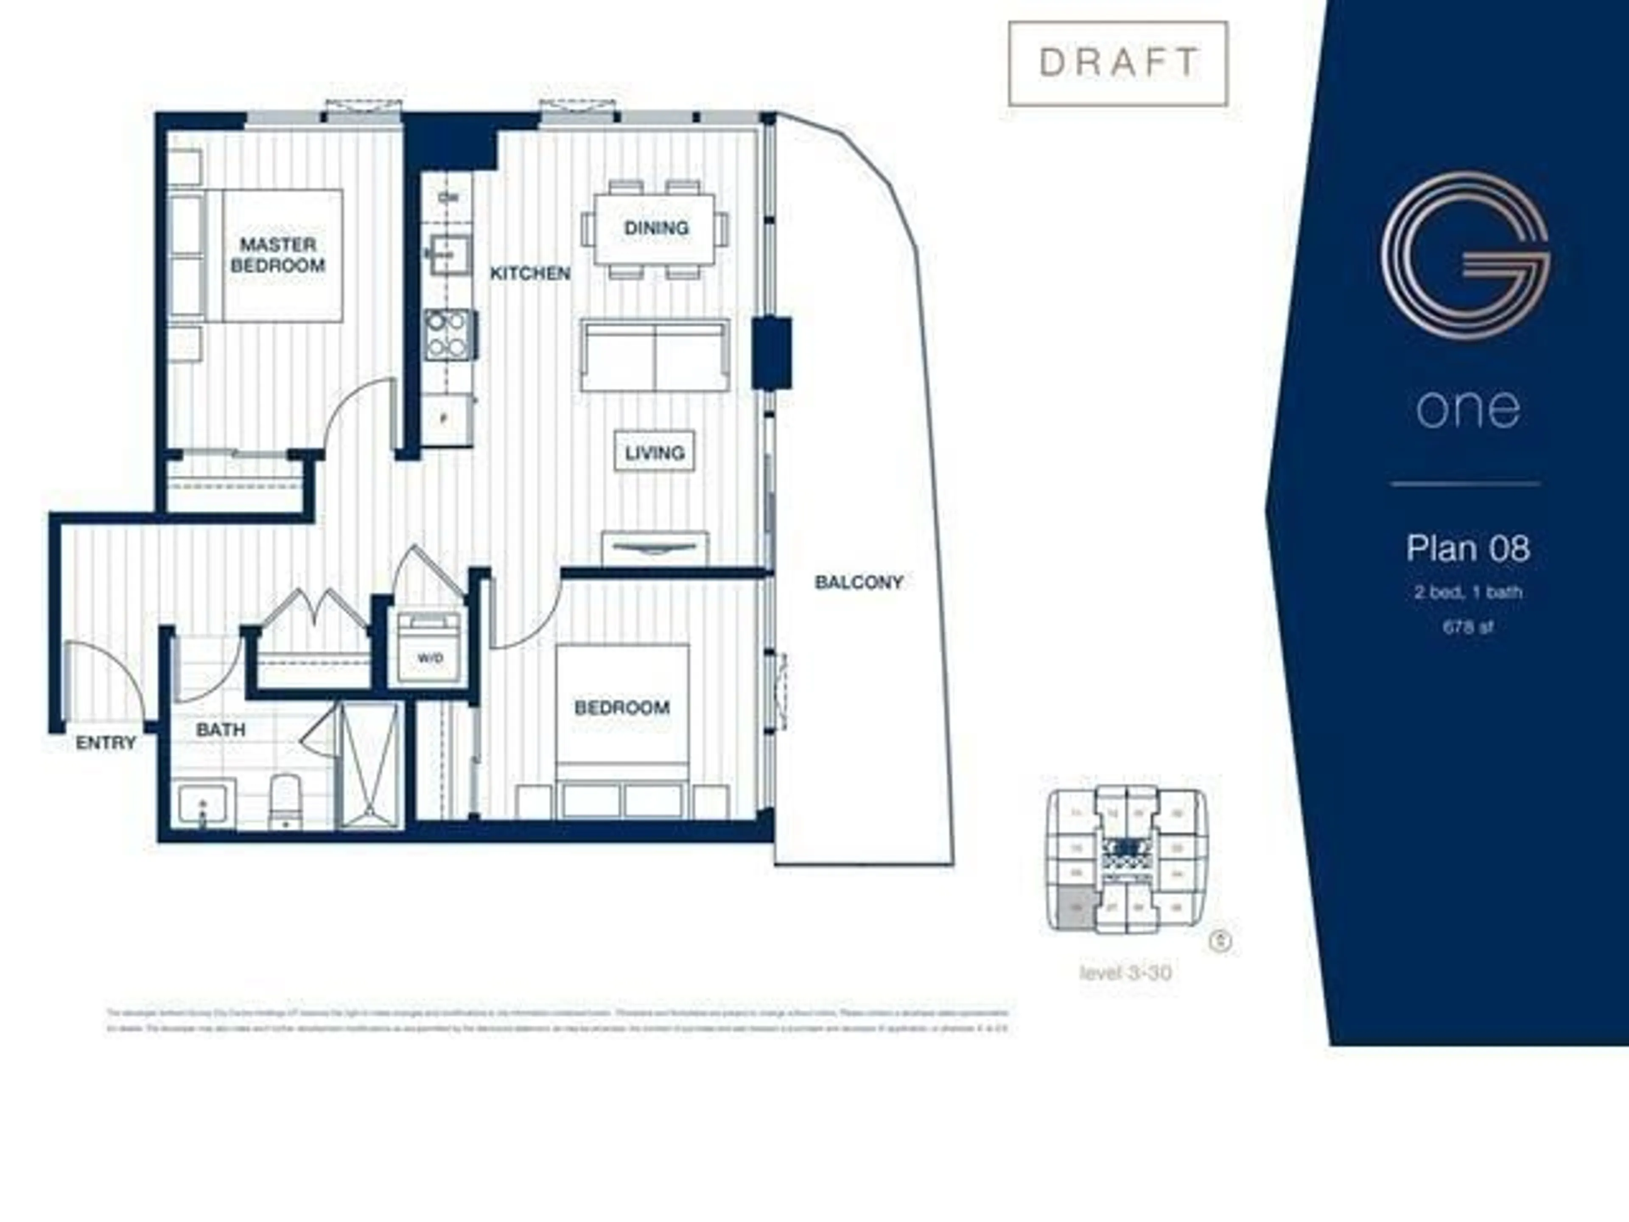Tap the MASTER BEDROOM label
(277, 255)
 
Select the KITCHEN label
(530, 273)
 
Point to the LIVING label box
(654, 451)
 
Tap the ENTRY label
(106, 743)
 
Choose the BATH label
(220, 730)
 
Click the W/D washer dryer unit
(429, 647)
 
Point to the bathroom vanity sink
(205, 803)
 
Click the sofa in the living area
(655, 355)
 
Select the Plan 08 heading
(1468, 548)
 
